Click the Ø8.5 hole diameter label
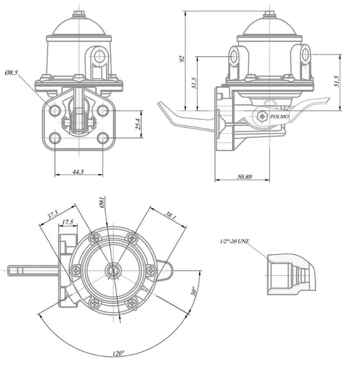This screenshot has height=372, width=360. pyautogui.click(x=11, y=73)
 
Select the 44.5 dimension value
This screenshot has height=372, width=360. pyautogui.click(x=78, y=171)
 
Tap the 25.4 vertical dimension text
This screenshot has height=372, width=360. pyautogui.click(x=139, y=124)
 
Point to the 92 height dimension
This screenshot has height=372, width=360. pyautogui.click(x=182, y=59)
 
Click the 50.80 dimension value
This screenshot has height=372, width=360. pyautogui.click(x=245, y=176)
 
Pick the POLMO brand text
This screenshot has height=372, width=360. pyautogui.click(x=279, y=116)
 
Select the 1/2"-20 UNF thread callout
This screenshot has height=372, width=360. pyautogui.click(x=234, y=241)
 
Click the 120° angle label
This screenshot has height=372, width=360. pyautogui.click(x=118, y=353)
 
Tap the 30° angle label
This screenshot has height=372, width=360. pyautogui.click(x=193, y=291)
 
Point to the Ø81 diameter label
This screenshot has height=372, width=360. pyautogui.click(x=103, y=202)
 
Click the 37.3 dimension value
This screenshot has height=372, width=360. pyautogui.click(x=52, y=215)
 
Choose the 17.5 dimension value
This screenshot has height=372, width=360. pyautogui.click(x=68, y=222)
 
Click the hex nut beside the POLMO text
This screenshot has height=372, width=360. pyautogui.click(x=262, y=116)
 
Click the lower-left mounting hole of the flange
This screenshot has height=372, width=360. pyautogui.click(x=55, y=138)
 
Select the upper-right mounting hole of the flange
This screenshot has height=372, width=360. pyautogui.click(x=103, y=110)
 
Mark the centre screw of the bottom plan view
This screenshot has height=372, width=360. pyautogui.click(x=113, y=270)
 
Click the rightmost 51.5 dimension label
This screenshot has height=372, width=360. pyautogui.click(x=337, y=81)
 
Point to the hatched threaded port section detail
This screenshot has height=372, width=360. pyautogui.click(x=292, y=274)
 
